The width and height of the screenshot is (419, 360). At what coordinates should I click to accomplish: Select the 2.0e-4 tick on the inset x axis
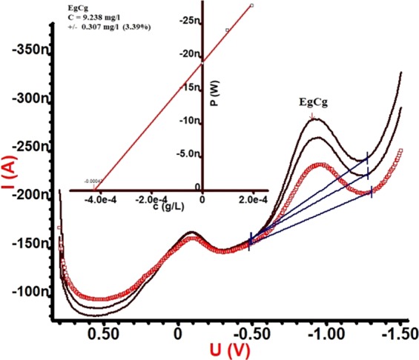[x=253, y=199]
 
